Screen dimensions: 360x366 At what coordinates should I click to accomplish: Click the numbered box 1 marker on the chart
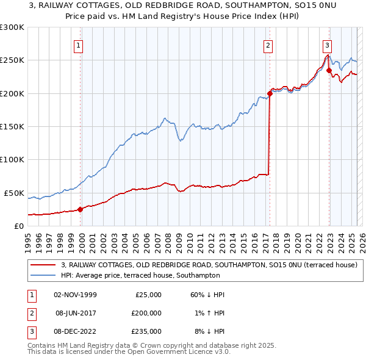[x=79, y=44]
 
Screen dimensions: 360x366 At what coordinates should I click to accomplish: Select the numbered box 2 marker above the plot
[x=268, y=44]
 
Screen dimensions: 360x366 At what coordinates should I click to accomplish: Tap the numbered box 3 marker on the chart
[x=328, y=44]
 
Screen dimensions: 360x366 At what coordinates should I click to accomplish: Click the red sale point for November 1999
[x=80, y=209]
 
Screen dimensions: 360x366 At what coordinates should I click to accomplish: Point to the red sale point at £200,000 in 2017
[x=269, y=93]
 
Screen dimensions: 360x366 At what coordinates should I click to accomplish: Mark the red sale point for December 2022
[x=329, y=70]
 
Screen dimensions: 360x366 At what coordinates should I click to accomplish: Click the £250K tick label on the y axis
[x=12, y=60]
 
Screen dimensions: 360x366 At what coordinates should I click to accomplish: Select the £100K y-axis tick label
[x=12, y=159]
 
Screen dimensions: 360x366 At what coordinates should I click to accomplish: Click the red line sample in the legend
[x=43, y=265]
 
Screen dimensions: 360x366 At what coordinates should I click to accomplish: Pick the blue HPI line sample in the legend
[x=43, y=275]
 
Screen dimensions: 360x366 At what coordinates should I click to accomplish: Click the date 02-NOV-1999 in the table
[x=75, y=295]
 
